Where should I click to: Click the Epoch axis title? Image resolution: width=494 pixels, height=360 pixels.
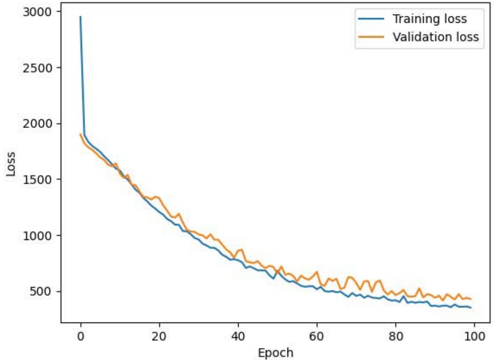276,353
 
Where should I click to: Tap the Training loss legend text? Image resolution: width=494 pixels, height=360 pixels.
429,19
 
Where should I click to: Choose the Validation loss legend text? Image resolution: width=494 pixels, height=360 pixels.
435,37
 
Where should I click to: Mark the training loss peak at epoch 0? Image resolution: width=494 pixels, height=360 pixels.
81,17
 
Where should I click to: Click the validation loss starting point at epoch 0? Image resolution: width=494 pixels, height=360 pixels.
81,134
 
